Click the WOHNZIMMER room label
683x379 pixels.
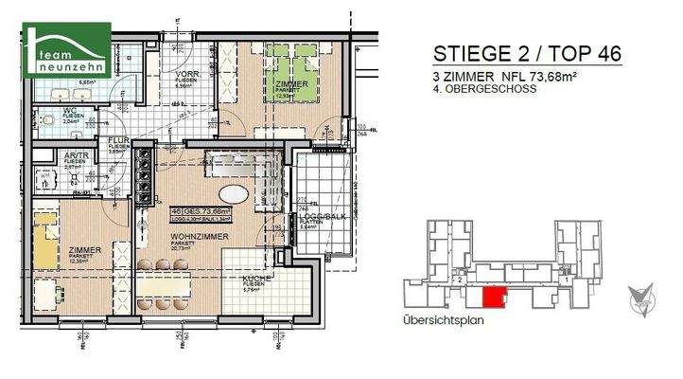pyautogui.click(x=195, y=233)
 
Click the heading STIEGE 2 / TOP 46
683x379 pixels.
pyautogui.click(x=526, y=53)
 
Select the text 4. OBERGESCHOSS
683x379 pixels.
pyautogui.click(x=483, y=89)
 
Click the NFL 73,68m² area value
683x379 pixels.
pyautogui.click(x=545, y=76)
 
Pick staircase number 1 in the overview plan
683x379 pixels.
pyautogui.click(x=566, y=280)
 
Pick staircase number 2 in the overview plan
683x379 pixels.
pyautogui.click(x=459, y=280)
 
